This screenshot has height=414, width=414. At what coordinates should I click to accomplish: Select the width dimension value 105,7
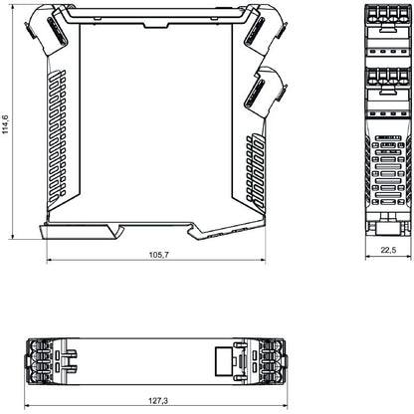(x=158, y=255)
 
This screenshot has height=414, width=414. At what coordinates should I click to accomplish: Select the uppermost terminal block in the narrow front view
(x=388, y=16)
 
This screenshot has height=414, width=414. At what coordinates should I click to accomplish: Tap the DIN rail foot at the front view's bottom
(x=388, y=226)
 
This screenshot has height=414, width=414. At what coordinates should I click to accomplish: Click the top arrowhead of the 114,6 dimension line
(x=13, y=7)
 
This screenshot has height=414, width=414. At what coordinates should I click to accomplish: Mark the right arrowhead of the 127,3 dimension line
(x=284, y=393)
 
